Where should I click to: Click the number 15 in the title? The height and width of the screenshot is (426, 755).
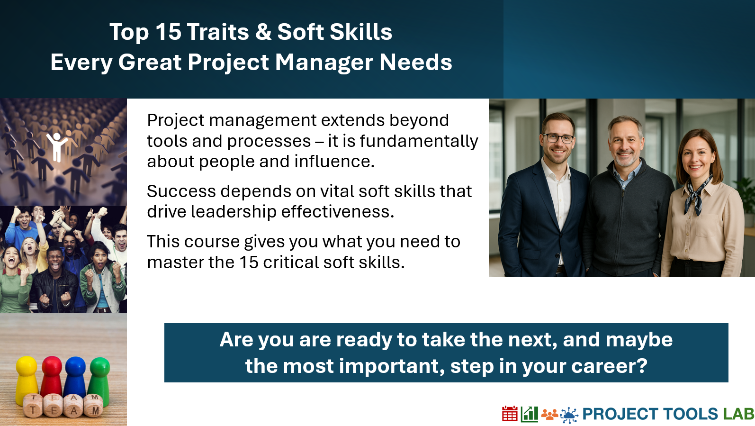pyautogui.click(x=168, y=32)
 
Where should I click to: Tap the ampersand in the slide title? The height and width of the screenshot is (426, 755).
pyautogui.click(x=263, y=32)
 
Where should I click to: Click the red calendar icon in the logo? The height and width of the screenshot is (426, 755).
pyautogui.click(x=510, y=414)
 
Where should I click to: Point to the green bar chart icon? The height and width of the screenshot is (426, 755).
pyautogui.click(x=529, y=414)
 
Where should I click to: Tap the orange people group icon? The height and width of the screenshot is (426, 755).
pyautogui.click(x=549, y=415)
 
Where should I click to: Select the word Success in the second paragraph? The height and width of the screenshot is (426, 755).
pyautogui.click(x=181, y=191)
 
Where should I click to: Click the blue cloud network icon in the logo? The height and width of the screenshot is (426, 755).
pyautogui.click(x=569, y=415)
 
